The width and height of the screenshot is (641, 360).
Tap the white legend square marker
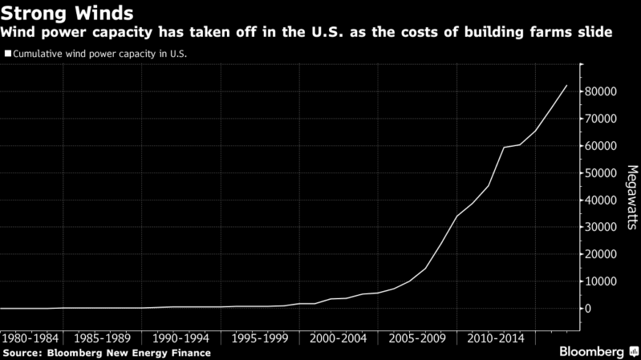point(8,54)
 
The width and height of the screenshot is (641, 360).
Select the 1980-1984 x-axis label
point(30,338)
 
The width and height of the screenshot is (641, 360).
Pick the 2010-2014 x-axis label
point(497,338)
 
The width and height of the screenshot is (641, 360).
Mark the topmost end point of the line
point(567,85)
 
